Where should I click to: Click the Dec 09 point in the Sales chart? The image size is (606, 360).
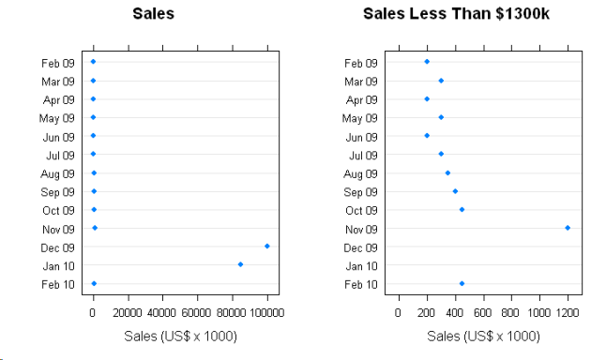tap(267, 246)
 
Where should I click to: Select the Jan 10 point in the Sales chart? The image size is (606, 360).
tap(241, 264)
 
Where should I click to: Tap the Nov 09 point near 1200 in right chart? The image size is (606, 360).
tap(568, 228)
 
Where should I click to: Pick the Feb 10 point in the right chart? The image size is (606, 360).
tap(462, 283)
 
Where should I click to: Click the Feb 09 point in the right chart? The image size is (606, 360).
tap(427, 62)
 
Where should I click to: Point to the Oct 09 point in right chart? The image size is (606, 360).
tap(462, 209)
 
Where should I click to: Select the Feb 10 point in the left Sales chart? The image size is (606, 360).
tap(94, 283)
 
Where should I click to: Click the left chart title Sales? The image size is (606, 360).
tap(153, 14)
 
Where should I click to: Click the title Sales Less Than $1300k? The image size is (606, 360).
tap(462, 14)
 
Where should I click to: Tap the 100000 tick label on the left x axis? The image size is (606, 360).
tap(266, 312)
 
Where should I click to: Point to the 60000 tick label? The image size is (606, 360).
tap(197, 312)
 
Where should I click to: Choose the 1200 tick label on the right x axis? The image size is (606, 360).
tap(567, 312)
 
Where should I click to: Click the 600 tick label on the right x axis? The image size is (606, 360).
tap(483, 312)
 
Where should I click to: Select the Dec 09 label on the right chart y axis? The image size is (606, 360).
tap(360, 248)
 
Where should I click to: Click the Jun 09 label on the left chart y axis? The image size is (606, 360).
tap(56, 137)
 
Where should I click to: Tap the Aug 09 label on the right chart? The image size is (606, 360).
tap(360, 174)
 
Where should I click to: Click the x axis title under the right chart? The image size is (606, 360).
tap(483, 336)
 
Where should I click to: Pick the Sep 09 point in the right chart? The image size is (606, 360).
tap(455, 191)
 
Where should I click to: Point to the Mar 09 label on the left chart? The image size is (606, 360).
tap(56, 82)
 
